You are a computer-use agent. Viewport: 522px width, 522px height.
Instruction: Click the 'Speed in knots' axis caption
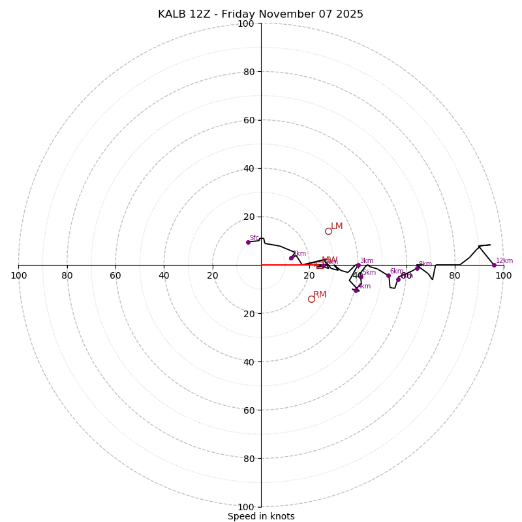tap(261, 516)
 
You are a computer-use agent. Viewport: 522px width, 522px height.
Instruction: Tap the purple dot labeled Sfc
tap(248, 242)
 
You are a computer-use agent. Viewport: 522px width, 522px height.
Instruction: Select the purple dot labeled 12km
tap(494, 265)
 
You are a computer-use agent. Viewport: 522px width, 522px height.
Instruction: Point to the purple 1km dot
tap(291, 258)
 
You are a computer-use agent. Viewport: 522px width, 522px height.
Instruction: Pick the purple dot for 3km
tap(358, 265)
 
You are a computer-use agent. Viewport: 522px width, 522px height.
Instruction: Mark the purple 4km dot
tap(356, 290)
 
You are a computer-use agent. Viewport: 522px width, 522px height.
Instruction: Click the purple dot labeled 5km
tap(360, 276)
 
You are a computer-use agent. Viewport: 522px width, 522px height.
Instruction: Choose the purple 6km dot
tap(388, 275)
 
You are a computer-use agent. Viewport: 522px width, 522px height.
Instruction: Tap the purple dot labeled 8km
tap(417, 268)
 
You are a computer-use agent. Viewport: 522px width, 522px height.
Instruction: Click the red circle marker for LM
tap(328, 231)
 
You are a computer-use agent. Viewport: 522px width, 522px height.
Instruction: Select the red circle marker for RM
tap(311, 299)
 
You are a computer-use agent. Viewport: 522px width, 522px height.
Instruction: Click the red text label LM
tap(337, 226)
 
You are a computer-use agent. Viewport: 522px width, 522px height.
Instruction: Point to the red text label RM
tap(320, 295)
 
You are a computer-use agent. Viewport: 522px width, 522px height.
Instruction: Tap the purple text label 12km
tap(504, 261)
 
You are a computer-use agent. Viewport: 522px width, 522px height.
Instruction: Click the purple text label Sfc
tap(254, 238)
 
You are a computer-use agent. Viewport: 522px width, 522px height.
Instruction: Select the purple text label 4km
tap(364, 286)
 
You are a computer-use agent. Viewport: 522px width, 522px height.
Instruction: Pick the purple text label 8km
tap(425, 264)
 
